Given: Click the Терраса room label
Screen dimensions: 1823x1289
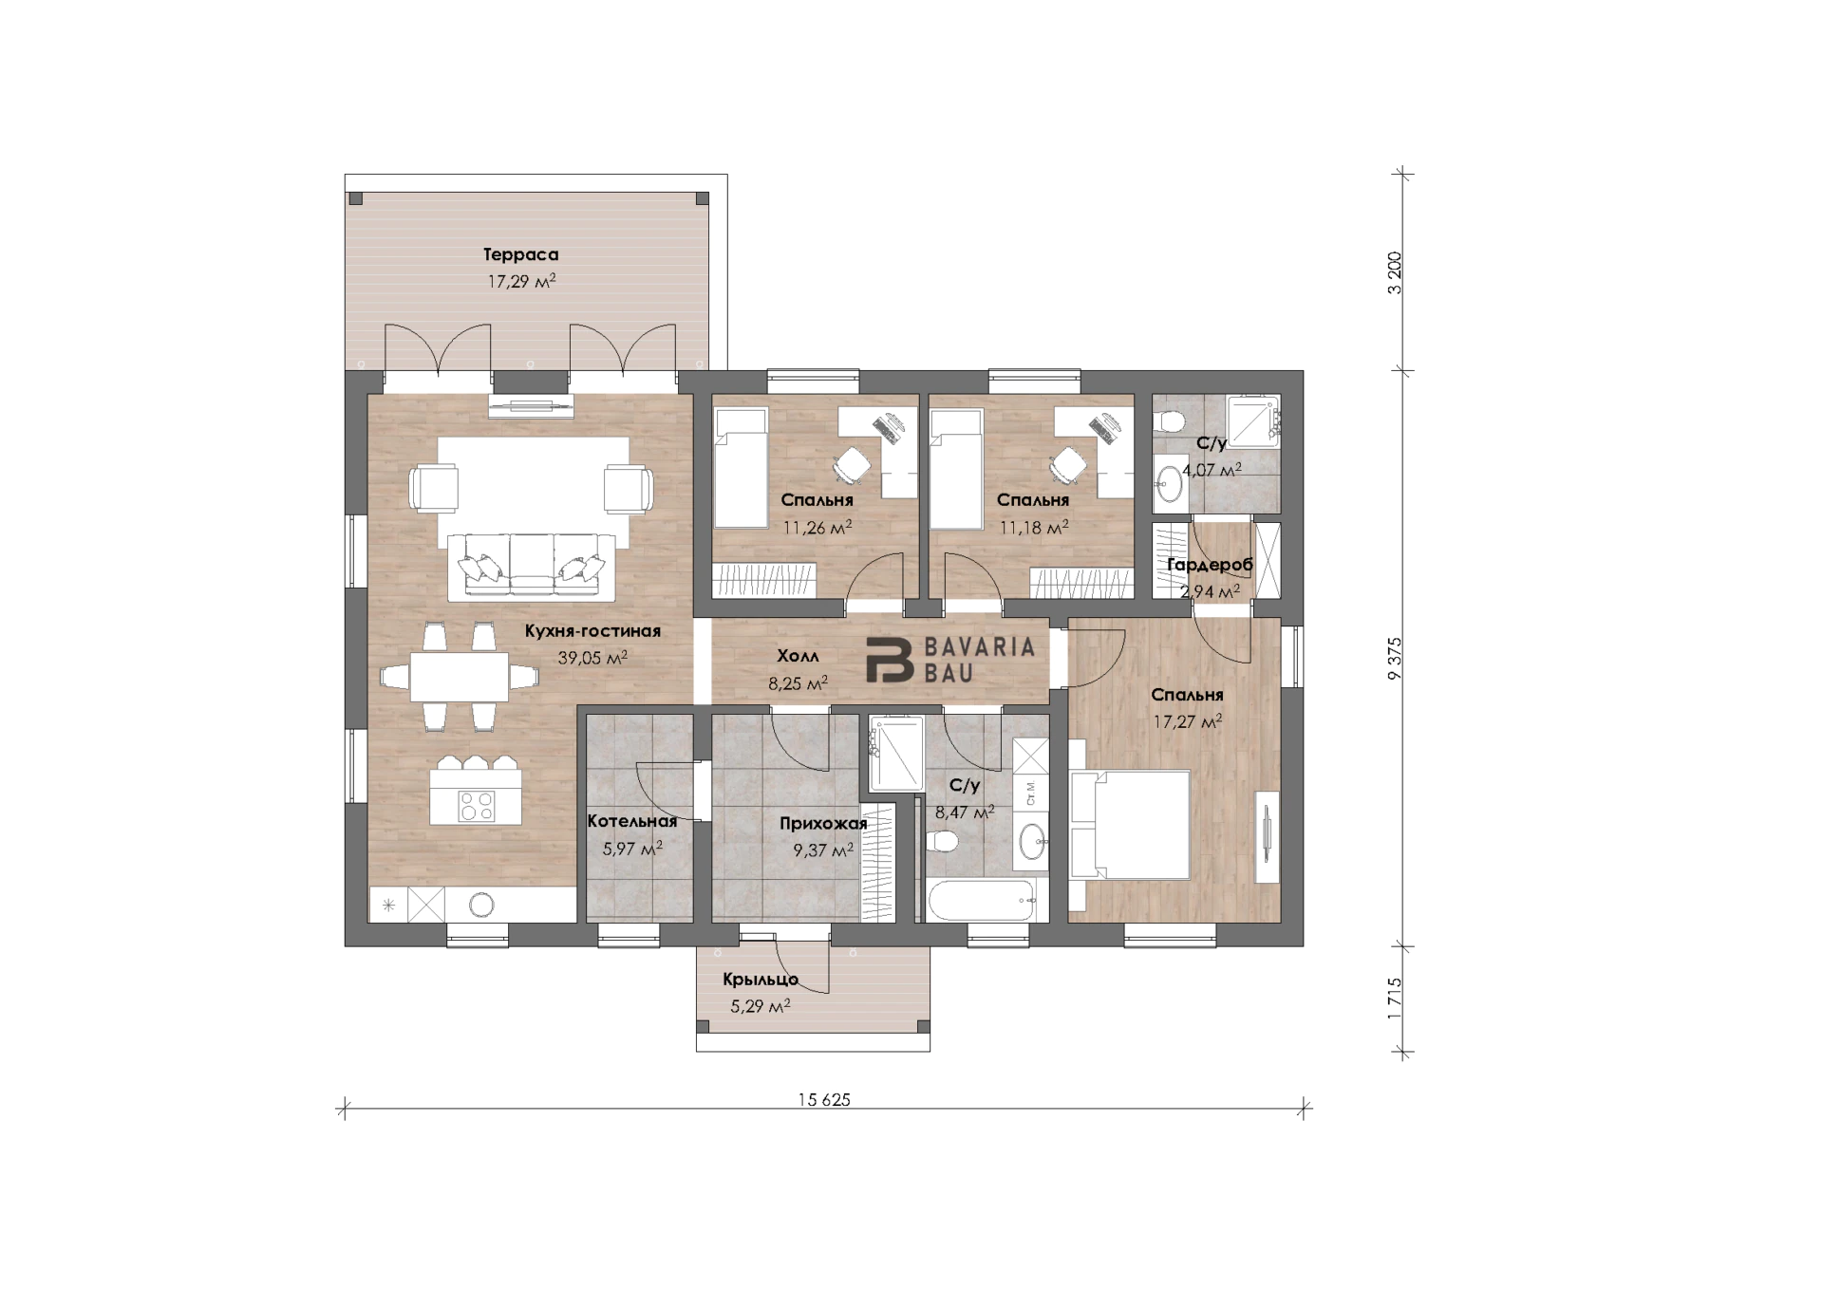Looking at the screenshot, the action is [x=520, y=254].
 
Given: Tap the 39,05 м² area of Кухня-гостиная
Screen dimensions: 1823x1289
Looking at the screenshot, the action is [x=592, y=657].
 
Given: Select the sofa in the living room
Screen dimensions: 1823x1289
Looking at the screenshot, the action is [x=532, y=566].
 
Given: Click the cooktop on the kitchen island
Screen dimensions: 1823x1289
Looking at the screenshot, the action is [x=477, y=807].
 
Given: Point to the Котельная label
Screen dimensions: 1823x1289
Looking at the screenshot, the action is [x=631, y=821].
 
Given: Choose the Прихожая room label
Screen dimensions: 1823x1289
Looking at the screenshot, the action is [x=823, y=824].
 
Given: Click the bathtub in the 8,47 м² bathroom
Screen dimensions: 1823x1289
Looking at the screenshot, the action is [x=982, y=900].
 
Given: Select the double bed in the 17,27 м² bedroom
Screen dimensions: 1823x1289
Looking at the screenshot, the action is [x=1130, y=825].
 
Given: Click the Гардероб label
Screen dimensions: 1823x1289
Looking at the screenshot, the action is [x=1210, y=565].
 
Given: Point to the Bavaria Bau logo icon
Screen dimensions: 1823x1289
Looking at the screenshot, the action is [x=889, y=660].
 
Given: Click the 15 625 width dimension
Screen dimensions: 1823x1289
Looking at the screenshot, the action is [x=824, y=1100].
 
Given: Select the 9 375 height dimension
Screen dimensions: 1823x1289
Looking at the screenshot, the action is [x=1394, y=658].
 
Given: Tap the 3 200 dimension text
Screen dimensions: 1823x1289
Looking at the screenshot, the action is [x=1394, y=273].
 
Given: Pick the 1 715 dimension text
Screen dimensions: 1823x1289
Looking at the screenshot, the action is [x=1394, y=999].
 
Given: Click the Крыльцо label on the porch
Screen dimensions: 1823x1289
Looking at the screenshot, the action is [x=761, y=980].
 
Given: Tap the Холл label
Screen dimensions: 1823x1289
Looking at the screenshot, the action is [x=798, y=656].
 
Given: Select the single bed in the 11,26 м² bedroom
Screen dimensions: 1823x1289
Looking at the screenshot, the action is [x=740, y=468].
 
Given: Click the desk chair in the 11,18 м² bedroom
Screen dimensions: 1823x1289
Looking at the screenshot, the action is [x=1068, y=465].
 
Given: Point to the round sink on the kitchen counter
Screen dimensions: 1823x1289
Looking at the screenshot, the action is [x=481, y=905].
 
